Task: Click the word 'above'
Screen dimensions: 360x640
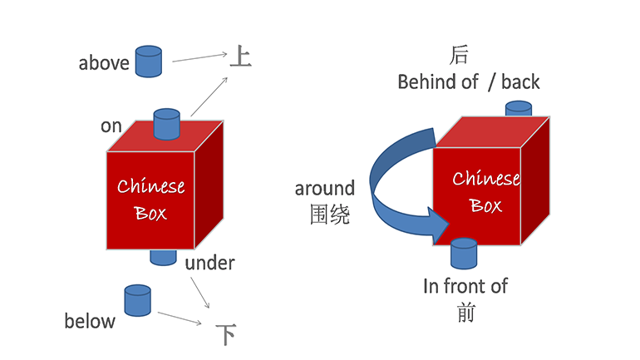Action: click(104, 63)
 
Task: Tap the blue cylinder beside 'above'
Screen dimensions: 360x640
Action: click(148, 60)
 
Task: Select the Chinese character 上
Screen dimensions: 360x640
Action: click(239, 57)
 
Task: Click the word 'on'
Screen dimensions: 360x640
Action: click(111, 126)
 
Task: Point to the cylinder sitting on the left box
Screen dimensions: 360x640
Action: click(167, 124)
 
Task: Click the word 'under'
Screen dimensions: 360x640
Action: click(209, 264)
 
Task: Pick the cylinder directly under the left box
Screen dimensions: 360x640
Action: click(164, 256)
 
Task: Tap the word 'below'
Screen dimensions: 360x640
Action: click(90, 321)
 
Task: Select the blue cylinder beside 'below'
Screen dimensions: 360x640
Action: click(137, 300)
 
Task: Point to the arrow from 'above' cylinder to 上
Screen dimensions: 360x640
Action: click(199, 57)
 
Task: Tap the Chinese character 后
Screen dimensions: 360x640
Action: click(459, 56)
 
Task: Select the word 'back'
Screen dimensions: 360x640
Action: click(520, 81)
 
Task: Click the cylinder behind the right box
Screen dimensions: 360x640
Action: click(518, 108)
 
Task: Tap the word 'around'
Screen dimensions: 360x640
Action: click(324, 189)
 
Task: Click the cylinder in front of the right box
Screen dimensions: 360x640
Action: click(463, 254)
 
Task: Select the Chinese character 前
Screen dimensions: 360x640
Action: click(465, 313)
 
